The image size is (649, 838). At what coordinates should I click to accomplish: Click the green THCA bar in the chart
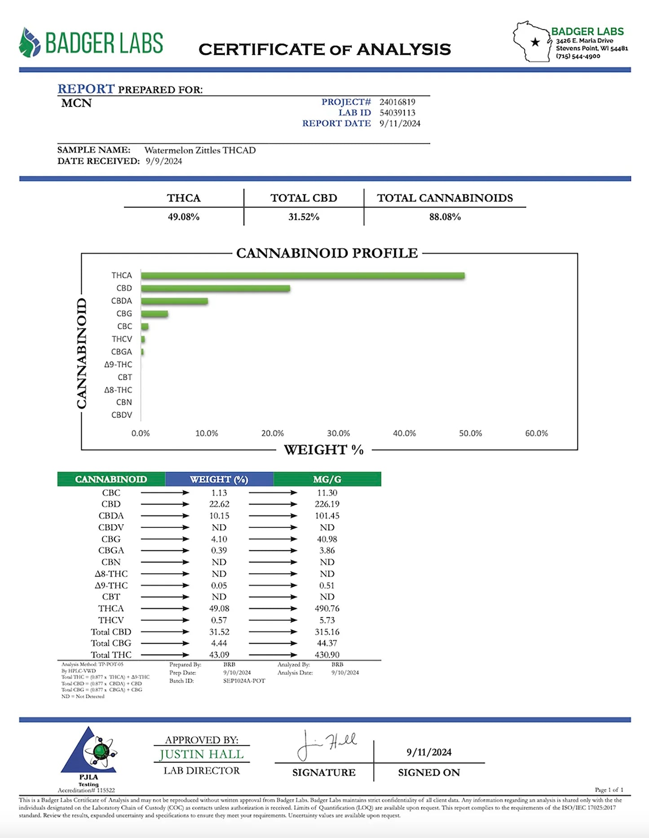point(302,275)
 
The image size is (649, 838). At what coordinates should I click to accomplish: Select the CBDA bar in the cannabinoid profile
point(174,301)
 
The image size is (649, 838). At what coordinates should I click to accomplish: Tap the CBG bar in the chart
point(155,314)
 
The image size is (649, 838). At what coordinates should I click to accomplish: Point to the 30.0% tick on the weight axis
point(338,433)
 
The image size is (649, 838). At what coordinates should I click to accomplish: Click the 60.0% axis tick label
point(536,433)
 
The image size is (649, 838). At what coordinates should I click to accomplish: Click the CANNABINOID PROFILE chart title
point(327,253)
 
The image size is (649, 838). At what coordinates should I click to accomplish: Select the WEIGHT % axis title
point(324,450)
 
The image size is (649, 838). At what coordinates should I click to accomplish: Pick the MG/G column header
point(327,479)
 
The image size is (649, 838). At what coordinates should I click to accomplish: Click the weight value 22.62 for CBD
point(219,504)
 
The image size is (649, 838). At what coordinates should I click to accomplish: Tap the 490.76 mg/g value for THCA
point(327,609)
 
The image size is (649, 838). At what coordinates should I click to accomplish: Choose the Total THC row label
point(111,655)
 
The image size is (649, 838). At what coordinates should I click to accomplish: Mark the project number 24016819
point(397,102)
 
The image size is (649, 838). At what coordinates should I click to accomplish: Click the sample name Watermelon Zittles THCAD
point(200,150)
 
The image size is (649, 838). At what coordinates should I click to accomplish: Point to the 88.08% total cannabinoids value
point(445,217)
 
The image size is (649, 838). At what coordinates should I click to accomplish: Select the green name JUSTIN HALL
point(201,755)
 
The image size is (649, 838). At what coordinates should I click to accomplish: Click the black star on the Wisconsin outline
point(535,42)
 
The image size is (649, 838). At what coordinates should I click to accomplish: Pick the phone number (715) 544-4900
point(578,56)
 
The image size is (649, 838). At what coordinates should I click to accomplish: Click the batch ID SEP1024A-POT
point(244,681)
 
